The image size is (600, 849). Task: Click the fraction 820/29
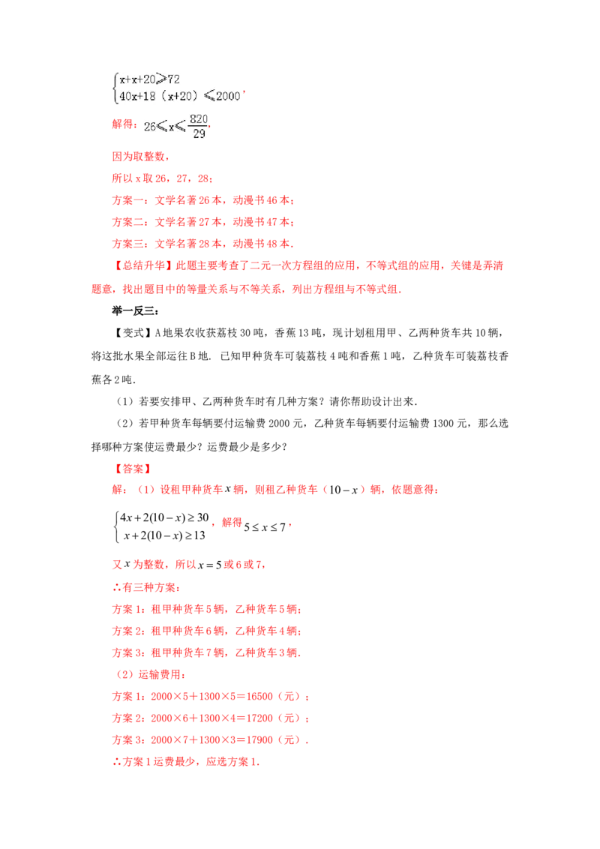(199, 126)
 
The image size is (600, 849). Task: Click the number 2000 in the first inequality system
(228, 97)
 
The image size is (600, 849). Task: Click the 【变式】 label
(133, 333)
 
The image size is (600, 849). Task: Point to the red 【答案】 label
(133, 469)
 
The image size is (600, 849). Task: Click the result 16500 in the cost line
(259, 697)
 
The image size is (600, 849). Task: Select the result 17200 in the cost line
(259, 718)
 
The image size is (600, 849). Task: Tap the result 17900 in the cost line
(259, 740)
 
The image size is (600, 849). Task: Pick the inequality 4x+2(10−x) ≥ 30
(164, 517)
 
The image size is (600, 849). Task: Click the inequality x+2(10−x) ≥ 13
(164, 536)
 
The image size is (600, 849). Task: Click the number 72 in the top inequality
(173, 79)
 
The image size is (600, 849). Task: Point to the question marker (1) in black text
(125, 402)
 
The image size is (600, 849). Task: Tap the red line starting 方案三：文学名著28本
(202, 244)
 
